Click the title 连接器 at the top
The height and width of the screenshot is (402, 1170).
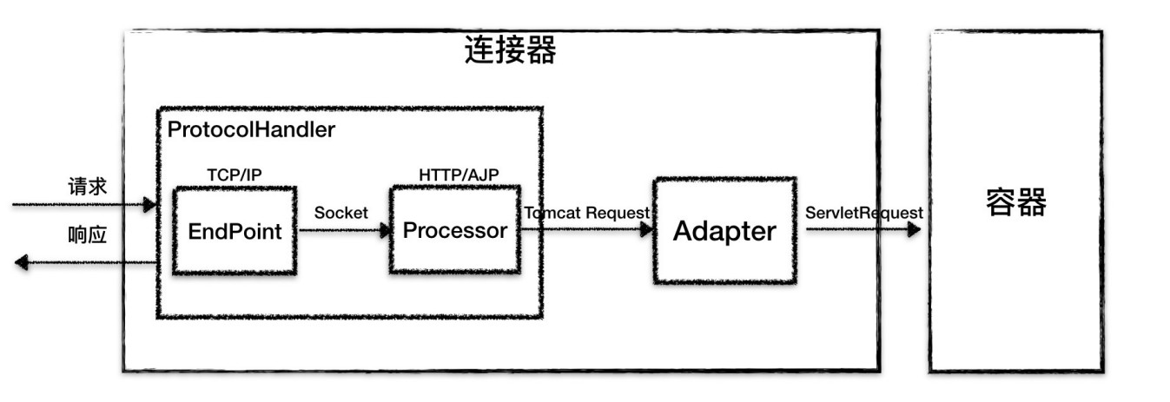tap(511, 50)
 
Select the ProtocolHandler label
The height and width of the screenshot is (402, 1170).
tap(251, 129)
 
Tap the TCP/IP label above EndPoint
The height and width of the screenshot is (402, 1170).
tap(235, 175)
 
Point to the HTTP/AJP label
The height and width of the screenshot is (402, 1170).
tap(459, 175)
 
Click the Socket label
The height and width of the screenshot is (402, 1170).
tap(341, 213)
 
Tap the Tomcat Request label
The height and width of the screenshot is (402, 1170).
tap(587, 213)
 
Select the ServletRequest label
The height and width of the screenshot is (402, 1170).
tap(864, 213)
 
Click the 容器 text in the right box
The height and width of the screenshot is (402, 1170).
tap(1016, 202)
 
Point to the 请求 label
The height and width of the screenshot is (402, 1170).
tap(87, 187)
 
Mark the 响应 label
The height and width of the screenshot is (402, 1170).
tap(87, 235)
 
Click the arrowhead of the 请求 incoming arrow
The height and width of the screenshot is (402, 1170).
tap(150, 205)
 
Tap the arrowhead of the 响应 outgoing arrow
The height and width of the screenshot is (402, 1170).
tap(21, 262)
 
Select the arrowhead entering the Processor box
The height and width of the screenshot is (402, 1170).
tap(386, 230)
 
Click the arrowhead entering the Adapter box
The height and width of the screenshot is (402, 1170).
tap(647, 229)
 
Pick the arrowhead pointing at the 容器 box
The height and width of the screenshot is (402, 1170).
tap(914, 229)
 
